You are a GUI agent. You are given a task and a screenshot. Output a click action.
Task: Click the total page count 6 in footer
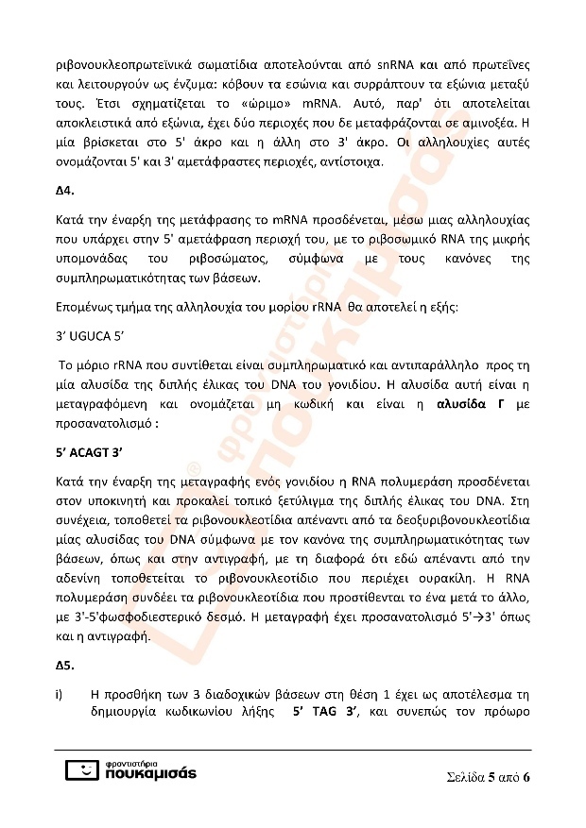coord(526,778)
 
